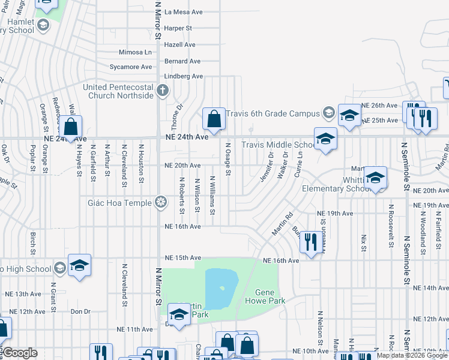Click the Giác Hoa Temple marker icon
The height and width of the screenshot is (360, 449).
tap(160, 202)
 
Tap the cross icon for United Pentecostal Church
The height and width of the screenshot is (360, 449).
tap(161, 91)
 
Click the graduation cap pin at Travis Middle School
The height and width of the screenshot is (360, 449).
tap(325, 139)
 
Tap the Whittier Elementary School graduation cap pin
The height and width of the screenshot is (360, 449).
tap(375, 177)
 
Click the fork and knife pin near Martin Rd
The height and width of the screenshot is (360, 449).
tap(310, 242)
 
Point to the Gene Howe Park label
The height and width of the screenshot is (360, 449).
tap(265, 296)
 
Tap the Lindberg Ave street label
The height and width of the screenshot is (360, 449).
tap(184, 77)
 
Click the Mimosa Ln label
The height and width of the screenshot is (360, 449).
tap(135, 52)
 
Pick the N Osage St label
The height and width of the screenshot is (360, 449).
tap(228, 159)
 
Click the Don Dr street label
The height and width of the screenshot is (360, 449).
tap(80, 311)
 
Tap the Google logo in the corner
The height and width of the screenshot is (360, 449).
tap(19, 353)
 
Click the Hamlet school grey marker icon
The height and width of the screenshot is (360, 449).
tap(43, 25)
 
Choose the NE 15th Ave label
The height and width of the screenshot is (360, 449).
tap(183, 257)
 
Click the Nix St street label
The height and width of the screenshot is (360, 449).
tap(364, 243)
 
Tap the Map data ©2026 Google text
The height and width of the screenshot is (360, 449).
tap(412, 355)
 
